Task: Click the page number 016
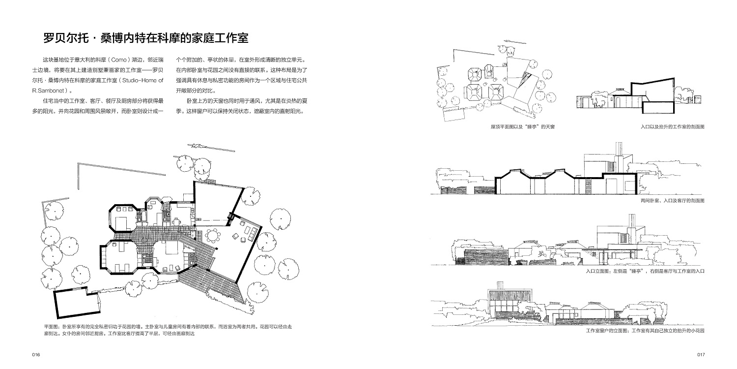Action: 35,355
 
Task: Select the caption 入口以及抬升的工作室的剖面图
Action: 672,127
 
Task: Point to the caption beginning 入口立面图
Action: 645,271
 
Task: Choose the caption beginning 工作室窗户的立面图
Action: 645,331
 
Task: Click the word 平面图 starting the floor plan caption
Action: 52,326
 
